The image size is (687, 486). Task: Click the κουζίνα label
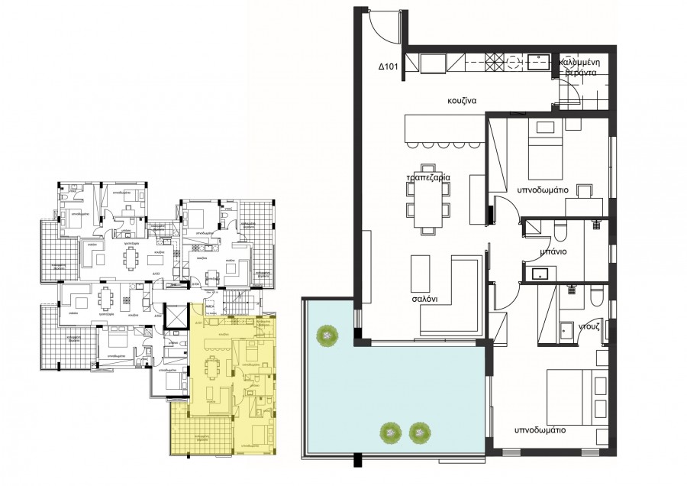463,100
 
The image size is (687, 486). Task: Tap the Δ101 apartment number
390,67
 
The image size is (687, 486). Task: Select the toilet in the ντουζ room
595,292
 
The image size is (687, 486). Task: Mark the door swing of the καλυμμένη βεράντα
567,94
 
